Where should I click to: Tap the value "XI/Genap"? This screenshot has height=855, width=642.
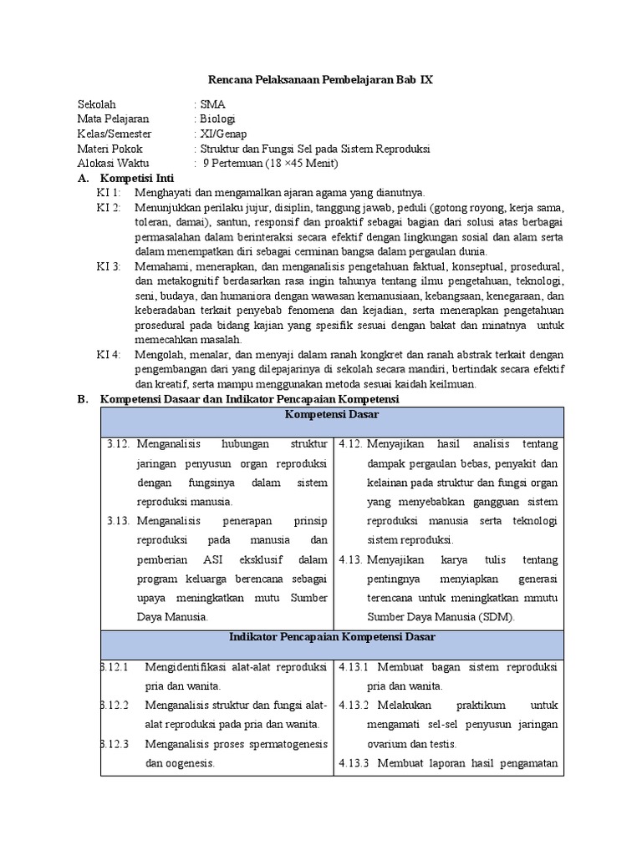pyautogui.click(x=222, y=134)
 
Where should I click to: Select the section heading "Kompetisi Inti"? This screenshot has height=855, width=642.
pyautogui.click(x=137, y=179)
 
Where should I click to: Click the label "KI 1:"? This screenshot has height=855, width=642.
pyautogui.click(x=109, y=193)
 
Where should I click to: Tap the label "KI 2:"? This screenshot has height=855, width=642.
pyautogui.click(x=109, y=207)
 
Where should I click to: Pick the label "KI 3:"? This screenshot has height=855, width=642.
pyautogui.click(x=109, y=266)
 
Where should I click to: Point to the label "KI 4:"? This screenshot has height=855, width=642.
pyautogui.click(x=109, y=355)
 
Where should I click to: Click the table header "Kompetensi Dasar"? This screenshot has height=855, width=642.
pyautogui.click(x=332, y=414)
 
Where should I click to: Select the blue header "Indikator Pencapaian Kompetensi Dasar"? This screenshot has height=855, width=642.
pyautogui.click(x=332, y=637)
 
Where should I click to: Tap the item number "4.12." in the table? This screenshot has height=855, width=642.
pyautogui.click(x=350, y=444)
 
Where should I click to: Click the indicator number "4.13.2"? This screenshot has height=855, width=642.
pyautogui.click(x=355, y=706)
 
